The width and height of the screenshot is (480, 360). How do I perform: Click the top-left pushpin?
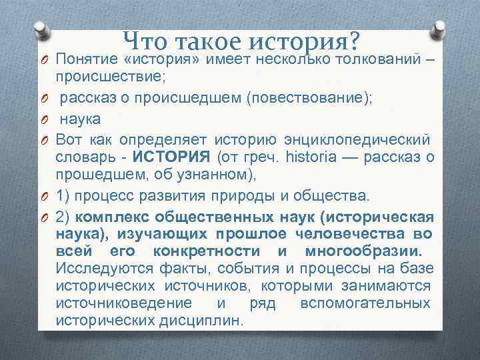[x=42, y=29]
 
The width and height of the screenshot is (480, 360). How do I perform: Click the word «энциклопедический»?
[x=373, y=140]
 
